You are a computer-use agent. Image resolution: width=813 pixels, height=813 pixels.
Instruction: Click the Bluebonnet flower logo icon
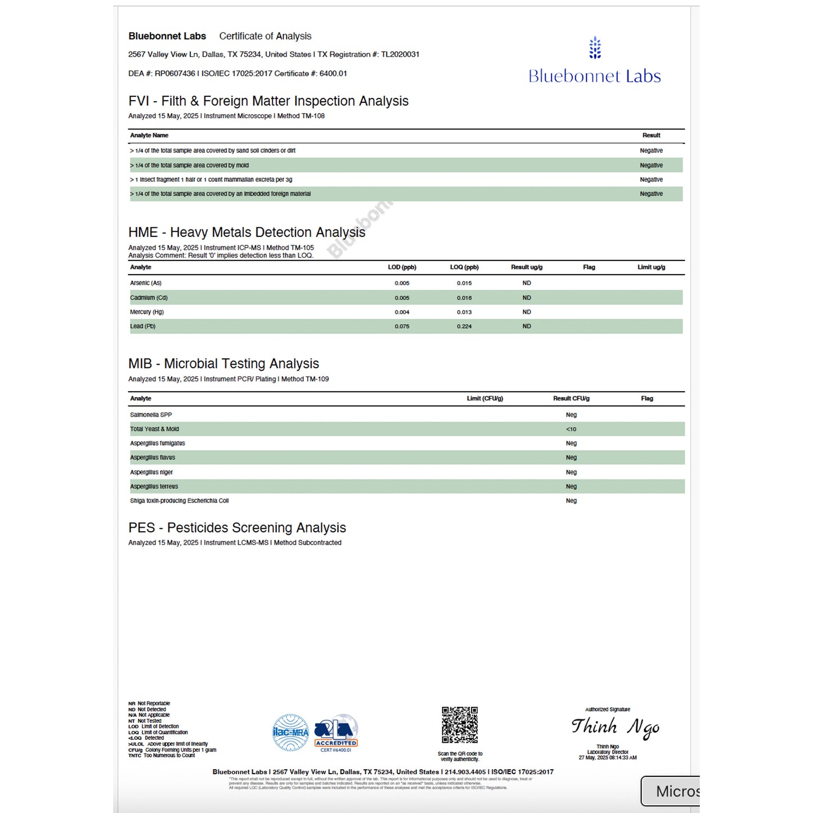[595, 48]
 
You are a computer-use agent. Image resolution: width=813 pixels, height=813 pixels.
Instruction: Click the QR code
[460, 725]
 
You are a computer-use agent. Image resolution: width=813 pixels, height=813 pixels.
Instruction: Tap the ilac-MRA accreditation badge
[290, 732]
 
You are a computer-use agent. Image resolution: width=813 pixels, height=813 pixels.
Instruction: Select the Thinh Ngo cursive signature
[615, 727]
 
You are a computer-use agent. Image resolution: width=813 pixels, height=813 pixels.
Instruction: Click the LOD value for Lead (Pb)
[402, 326]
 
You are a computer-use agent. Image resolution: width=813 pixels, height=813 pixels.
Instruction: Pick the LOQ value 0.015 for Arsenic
[464, 283]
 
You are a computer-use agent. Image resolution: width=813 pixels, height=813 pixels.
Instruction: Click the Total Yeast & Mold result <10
[571, 429]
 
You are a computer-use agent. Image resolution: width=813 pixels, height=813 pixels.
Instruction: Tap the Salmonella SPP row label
[151, 415]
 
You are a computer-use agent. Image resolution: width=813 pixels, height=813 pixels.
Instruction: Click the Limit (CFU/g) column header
[484, 398]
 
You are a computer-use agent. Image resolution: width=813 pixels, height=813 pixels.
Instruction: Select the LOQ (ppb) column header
[464, 267]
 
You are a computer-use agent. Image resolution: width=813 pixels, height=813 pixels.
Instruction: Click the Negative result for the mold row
[651, 165]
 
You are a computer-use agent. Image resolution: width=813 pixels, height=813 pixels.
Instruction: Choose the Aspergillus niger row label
[151, 472]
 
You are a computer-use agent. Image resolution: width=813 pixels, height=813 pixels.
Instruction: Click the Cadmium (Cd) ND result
[527, 298]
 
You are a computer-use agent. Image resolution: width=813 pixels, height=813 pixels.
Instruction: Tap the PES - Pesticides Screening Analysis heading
[237, 528]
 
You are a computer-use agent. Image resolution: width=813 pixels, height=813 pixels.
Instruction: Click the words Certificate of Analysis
[265, 36]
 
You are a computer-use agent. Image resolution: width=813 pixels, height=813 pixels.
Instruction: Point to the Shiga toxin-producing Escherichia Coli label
[179, 501]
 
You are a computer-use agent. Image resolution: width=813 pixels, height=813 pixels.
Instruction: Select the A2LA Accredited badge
[336, 733]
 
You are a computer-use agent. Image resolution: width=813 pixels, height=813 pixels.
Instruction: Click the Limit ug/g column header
[651, 267]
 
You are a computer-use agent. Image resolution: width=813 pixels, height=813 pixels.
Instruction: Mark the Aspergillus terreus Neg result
[571, 487]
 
